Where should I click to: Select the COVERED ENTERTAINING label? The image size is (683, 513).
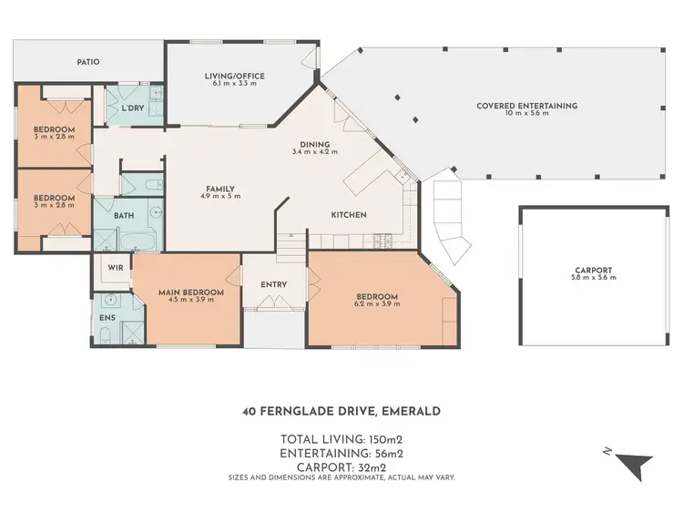(526, 106)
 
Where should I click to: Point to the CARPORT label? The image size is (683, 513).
(593, 270)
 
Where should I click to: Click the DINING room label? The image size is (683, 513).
(315, 144)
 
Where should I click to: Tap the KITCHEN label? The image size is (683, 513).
(348, 215)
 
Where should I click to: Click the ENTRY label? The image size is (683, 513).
(273, 284)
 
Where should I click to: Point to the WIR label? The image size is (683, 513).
(115, 269)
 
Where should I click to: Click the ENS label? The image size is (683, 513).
(107, 316)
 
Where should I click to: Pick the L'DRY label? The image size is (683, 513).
(132, 108)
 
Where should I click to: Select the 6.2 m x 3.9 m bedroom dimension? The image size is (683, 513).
(377, 305)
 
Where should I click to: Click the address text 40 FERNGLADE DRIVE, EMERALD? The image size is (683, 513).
(341, 411)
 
